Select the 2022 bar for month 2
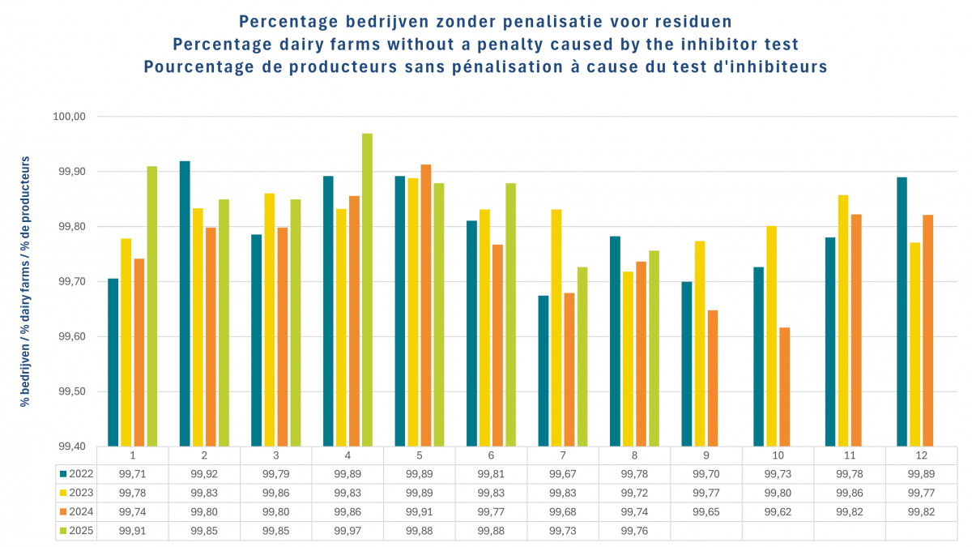coord(185,303)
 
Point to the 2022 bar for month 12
coord(902,311)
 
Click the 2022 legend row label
coord(77,473)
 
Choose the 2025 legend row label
coord(77,531)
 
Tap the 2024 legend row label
coord(77,511)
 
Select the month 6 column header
coord(490,455)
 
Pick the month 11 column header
coord(849,455)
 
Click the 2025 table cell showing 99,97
coord(347,531)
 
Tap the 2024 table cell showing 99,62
coord(777,511)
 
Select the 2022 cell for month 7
coord(562,473)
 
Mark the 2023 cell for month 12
coord(920,492)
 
